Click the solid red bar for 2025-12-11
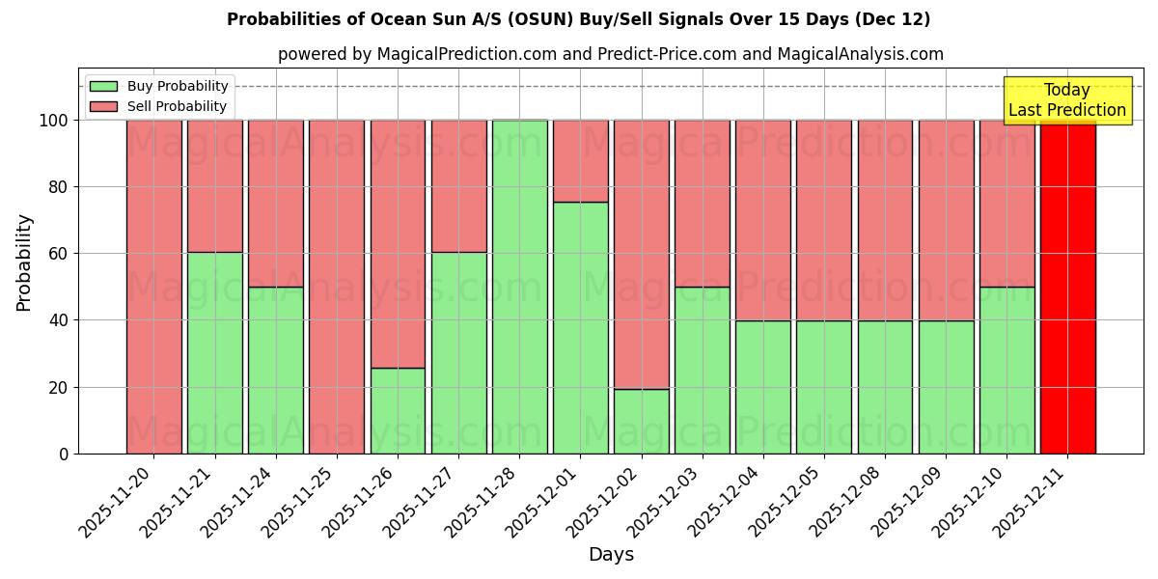tap(1067, 287)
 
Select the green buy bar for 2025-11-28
tap(519, 287)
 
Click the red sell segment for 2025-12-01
tap(580, 161)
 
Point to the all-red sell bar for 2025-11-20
tap(153, 287)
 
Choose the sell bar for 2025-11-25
tap(336, 287)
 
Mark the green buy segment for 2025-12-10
tap(1006, 370)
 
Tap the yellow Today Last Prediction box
tap(1067, 100)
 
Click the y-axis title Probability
tap(25, 262)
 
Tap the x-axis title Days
tap(611, 555)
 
